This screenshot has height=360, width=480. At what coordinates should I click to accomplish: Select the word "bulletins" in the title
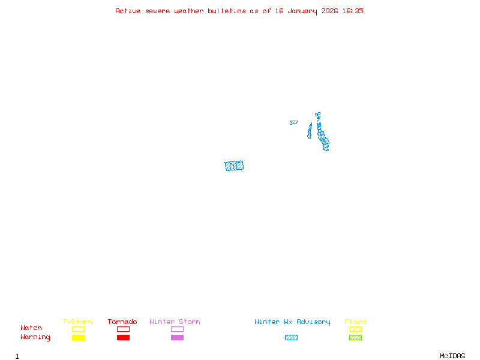(x=227, y=11)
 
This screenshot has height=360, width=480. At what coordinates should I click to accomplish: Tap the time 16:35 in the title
(x=353, y=11)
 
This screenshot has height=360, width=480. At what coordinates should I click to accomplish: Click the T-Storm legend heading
(x=77, y=322)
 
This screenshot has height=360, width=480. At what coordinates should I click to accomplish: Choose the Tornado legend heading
(x=122, y=322)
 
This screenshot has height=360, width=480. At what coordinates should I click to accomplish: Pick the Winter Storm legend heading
(x=175, y=322)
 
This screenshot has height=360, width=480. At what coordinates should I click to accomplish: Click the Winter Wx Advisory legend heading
(x=292, y=322)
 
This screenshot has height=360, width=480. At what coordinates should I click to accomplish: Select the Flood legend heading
(x=355, y=322)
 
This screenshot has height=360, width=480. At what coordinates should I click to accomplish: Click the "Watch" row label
(x=31, y=328)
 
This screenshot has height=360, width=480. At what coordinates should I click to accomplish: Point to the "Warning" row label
(x=35, y=337)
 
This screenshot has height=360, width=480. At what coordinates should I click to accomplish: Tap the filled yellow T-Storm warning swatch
(x=78, y=338)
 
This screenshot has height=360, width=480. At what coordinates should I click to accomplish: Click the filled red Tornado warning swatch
(x=123, y=338)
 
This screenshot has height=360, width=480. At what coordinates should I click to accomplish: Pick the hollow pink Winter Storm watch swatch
(x=177, y=329)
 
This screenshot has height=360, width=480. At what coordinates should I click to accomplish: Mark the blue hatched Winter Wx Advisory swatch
(x=291, y=338)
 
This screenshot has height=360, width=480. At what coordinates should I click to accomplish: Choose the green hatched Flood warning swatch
(x=355, y=338)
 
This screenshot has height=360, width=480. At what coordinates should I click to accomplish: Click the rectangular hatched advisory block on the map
(x=234, y=166)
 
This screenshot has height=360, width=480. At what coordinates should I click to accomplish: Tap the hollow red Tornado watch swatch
(x=123, y=329)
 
